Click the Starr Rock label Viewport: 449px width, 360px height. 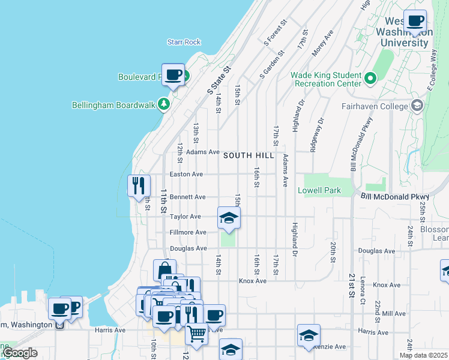tap(184, 42)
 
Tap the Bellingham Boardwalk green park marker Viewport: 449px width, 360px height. tap(163, 104)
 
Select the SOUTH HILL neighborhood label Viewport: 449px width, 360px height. tap(249, 155)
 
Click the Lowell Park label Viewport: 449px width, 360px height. tap(319, 191)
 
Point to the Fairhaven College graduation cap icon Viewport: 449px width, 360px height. tap(417, 106)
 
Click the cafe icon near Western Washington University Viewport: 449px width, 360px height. tap(415, 22)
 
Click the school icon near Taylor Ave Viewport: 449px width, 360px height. tap(229, 218)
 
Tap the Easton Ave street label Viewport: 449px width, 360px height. tap(187, 175)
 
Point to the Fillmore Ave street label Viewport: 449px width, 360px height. tap(188, 233)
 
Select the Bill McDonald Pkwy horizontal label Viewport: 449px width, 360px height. tap(395, 197)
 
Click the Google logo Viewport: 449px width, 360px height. tap(20, 353)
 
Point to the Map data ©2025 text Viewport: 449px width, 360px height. tap(423, 355)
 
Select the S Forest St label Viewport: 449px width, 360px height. tap(276, 32)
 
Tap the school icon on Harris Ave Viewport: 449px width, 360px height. tap(309, 336)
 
